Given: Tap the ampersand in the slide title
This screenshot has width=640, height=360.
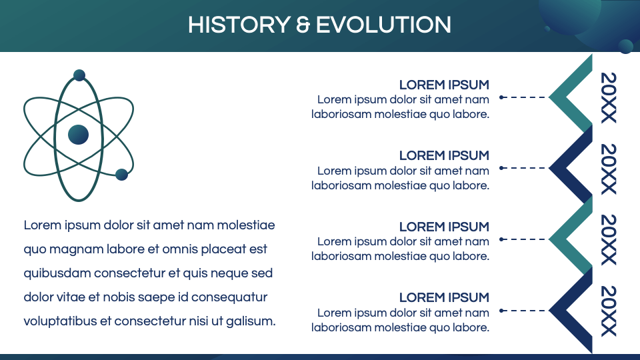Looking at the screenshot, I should coord(303,25).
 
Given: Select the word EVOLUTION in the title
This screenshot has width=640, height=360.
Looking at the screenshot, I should coord(383,25).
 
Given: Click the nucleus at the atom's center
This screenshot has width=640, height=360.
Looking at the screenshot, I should coord(78,135).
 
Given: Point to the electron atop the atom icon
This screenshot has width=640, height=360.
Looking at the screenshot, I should coord(79,75).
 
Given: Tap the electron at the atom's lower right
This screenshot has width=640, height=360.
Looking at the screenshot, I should coord(121,175).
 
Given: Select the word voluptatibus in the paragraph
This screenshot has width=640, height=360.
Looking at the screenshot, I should coord(60,321).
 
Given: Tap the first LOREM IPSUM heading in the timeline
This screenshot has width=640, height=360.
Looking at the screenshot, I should coord(444,85).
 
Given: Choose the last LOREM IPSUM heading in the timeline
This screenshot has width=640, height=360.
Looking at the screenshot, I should coord(444,297).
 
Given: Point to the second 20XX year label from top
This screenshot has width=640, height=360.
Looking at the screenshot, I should coord(609,169).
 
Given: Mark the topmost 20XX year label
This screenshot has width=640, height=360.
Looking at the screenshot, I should coord(609,97).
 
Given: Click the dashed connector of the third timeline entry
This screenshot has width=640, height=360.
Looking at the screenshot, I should coord(524,239).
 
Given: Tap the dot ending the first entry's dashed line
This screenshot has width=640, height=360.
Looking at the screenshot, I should coord(501,97).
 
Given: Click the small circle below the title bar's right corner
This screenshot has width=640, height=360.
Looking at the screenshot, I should coord(625,46).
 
